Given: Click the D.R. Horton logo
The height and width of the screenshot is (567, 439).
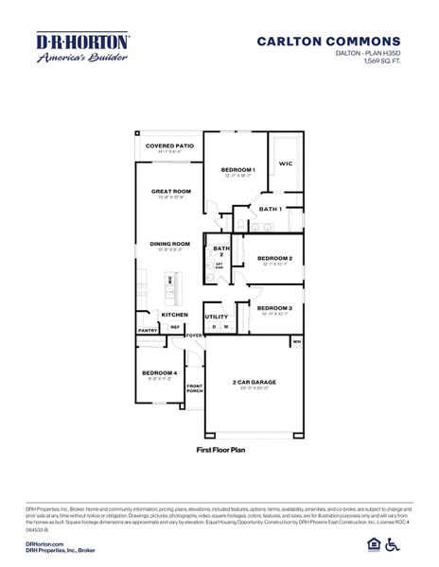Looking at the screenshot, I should coord(82,47).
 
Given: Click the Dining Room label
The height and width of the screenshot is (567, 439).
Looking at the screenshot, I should coord(169,244).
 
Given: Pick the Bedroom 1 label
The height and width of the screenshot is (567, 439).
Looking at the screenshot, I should coord(237,169).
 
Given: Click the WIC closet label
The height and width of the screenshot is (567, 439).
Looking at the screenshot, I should coord(285,163).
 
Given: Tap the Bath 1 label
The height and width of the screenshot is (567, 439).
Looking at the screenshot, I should coord(271,208).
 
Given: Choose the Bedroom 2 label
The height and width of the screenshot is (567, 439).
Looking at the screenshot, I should coord(274,258).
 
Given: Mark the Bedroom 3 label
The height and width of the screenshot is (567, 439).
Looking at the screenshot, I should coord(274,308).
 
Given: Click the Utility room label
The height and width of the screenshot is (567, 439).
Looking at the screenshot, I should coord(217,317).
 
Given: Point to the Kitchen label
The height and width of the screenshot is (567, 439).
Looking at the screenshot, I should coord(174,314).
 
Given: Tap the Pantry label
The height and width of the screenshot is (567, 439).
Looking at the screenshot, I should coord(147,331).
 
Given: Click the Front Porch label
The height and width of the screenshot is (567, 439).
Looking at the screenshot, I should coord(195,387).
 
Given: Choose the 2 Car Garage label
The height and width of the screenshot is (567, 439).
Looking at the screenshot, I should coord(255,383).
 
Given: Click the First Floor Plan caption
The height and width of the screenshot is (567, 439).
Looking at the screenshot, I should coord(219,452).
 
